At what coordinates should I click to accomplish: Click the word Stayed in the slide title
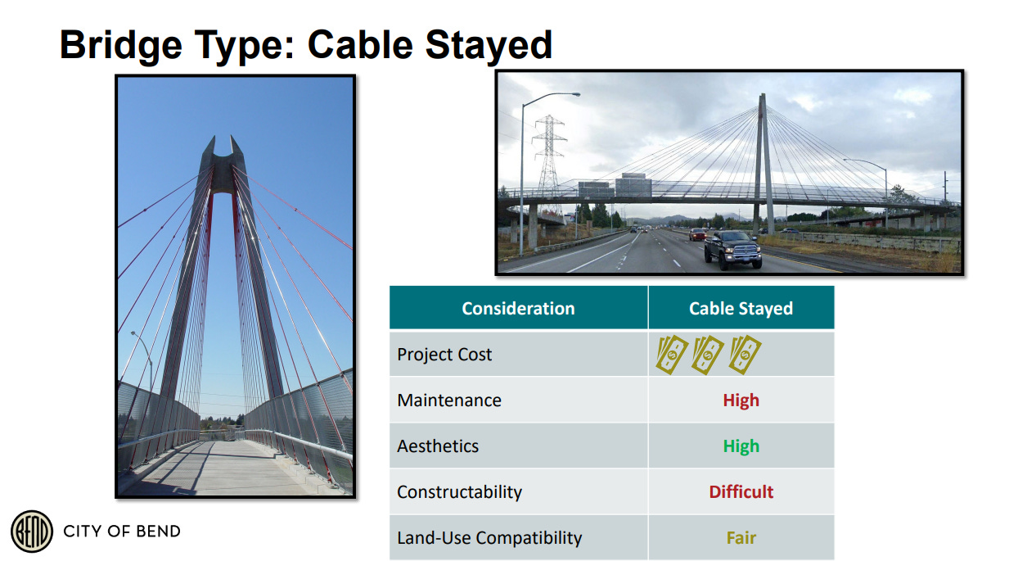pyautogui.click(x=489, y=46)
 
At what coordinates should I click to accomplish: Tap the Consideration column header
pyautogui.click(x=518, y=309)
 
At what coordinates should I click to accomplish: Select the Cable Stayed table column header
pyautogui.click(x=741, y=309)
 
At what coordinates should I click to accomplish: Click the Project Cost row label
pyautogui.click(x=444, y=355)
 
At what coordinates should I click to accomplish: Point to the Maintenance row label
pyautogui.click(x=449, y=400)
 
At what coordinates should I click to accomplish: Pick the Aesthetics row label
pyautogui.click(x=438, y=446)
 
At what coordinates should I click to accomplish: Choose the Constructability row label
pyautogui.click(x=459, y=492)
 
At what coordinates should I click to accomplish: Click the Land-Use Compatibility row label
pyautogui.click(x=489, y=538)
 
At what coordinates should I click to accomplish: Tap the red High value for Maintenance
pyautogui.click(x=741, y=400)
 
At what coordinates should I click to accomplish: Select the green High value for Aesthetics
pyautogui.click(x=741, y=446)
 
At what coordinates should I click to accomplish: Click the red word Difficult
pyautogui.click(x=741, y=492)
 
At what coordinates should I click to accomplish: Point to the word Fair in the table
pyautogui.click(x=741, y=538)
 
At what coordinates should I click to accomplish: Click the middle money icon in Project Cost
pyautogui.click(x=708, y=355)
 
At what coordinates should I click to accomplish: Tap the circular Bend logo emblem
pyautogui.click(x=32, y=531)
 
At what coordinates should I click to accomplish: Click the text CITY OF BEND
pyautogui.click(x=122, y=531)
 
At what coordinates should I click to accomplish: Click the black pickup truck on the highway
pyautogui.click(x=732, y=249)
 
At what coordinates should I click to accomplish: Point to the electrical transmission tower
pyautogui.click(x=549, y=159)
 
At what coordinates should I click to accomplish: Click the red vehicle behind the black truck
pyautogui.click(x=696, y=234)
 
